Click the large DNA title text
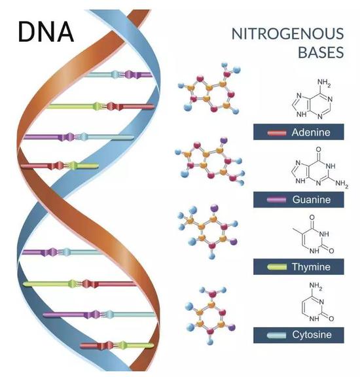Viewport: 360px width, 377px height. [46, 32]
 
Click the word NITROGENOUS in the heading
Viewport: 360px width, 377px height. [287, 33]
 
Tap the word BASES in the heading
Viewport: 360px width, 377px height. [321, 52]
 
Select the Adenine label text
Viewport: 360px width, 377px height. [311, 132]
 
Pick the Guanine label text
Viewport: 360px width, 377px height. [312, 200]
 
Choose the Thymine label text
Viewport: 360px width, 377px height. [311, 267]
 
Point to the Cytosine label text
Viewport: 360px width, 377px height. [312, 334]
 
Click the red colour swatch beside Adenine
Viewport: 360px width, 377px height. [277, 132]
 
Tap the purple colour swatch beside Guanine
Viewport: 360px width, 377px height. [277, 200]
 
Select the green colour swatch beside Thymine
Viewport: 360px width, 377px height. [277, 267]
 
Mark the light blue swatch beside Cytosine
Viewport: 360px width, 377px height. [277, 334]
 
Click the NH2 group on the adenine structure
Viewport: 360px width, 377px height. [324, 82]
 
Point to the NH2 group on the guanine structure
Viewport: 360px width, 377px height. [342, 184]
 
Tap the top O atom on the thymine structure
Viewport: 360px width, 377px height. [312, 217]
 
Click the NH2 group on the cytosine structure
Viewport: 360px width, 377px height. [315, 285]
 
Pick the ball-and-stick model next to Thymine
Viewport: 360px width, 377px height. [208, 232]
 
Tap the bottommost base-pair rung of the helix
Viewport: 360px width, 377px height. [117, 346]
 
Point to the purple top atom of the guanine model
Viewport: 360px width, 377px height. [224, 140]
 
